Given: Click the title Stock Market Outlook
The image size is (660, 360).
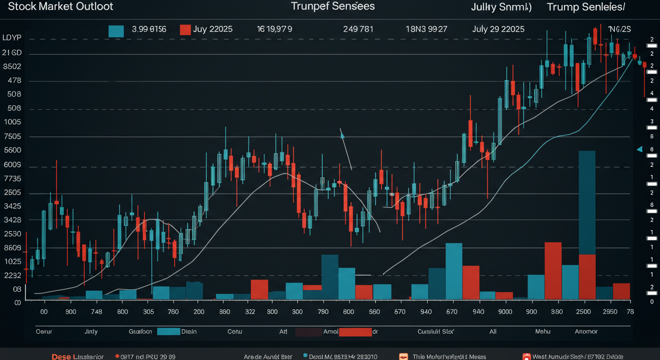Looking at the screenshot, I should (x=57, y=7).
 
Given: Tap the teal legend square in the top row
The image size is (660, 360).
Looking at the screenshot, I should (x=116, y=30).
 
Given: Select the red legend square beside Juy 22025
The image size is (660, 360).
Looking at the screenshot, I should (x=185, y=30).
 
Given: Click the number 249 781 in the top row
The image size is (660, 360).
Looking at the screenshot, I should (x=358, y=29).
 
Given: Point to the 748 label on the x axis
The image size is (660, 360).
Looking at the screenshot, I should (x=97, y=312).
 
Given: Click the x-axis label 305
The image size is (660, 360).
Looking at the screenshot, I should (x=148, y=312).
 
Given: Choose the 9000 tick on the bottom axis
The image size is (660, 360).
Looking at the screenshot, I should (x=505, y=312).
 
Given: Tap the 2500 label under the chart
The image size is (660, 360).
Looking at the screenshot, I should (x=584, y=312).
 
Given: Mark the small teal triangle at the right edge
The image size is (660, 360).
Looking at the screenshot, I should (x=639, y=150).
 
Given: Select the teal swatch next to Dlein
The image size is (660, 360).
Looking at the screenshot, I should (x=169, y=331).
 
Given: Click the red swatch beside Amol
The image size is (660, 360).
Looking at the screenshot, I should (x=355, y=332).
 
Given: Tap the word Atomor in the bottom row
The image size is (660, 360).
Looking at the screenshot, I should (x=586, y=331).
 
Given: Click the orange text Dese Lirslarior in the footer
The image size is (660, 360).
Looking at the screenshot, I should (x=77, y=357).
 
